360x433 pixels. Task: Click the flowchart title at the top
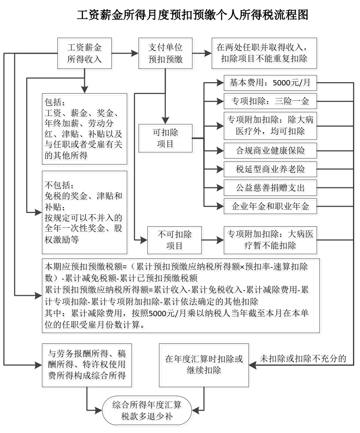click(x=192, y=14)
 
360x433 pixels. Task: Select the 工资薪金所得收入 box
click(x=85, y=53)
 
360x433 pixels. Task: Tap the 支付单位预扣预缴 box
click(x=165, y=53)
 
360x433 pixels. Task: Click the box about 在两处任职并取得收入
click(x=264, y=53)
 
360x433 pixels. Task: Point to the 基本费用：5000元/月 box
click(x=270, y=83)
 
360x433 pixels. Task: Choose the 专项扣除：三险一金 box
click(x=270, y=101)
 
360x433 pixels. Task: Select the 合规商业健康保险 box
click(x=270, y=151)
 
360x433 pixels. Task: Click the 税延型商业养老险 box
click(x=270, y=169)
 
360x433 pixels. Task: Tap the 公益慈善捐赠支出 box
click(x=270, y=188)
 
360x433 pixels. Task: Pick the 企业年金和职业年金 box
click(x=270, y=206)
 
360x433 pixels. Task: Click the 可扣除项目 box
click(x=165, y=138)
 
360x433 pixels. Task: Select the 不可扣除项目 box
click(x=174, y=240)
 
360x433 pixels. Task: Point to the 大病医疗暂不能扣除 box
click(x=270, y=240)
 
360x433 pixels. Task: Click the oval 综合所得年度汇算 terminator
click(x=147, y=411)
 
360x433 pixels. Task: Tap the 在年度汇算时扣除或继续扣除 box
click(x=204, y=365)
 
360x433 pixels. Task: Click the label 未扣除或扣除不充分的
click(x=303, y=358)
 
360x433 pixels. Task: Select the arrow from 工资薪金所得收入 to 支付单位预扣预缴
click(x=125, y=53)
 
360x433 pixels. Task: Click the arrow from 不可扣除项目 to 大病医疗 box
click(x=213, y=240)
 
